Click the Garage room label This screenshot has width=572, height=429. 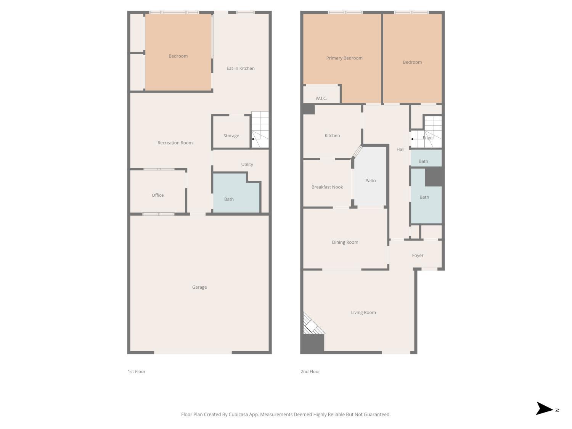[199, 287]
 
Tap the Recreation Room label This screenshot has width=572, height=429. [175, 143]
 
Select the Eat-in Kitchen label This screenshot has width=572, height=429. [241, 68]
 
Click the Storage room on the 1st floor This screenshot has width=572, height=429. [231, 135]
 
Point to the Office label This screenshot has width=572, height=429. [157, 195]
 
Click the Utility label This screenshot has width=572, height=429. [247, 164]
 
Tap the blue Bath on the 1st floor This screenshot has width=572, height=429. [229, 199]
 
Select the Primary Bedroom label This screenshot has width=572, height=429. [344, 58]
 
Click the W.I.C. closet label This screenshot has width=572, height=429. [321, 98]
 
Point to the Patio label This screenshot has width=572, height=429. [371, 180]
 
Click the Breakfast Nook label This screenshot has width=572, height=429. [327, 187]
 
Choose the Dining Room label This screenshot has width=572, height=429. [345, 242]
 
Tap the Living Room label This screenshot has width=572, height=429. [363, 312]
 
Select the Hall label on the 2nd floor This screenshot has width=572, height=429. [400, 149]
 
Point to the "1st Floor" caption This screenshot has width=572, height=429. [137, 371]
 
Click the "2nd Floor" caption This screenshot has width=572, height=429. [310, 371]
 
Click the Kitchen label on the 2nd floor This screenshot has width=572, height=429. [332, 135]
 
